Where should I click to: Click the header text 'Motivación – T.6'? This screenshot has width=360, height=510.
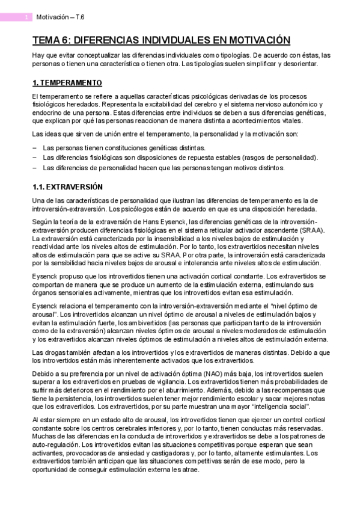tap(61, 18)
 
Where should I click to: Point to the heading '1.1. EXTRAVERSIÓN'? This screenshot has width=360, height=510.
tap(67, 186)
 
